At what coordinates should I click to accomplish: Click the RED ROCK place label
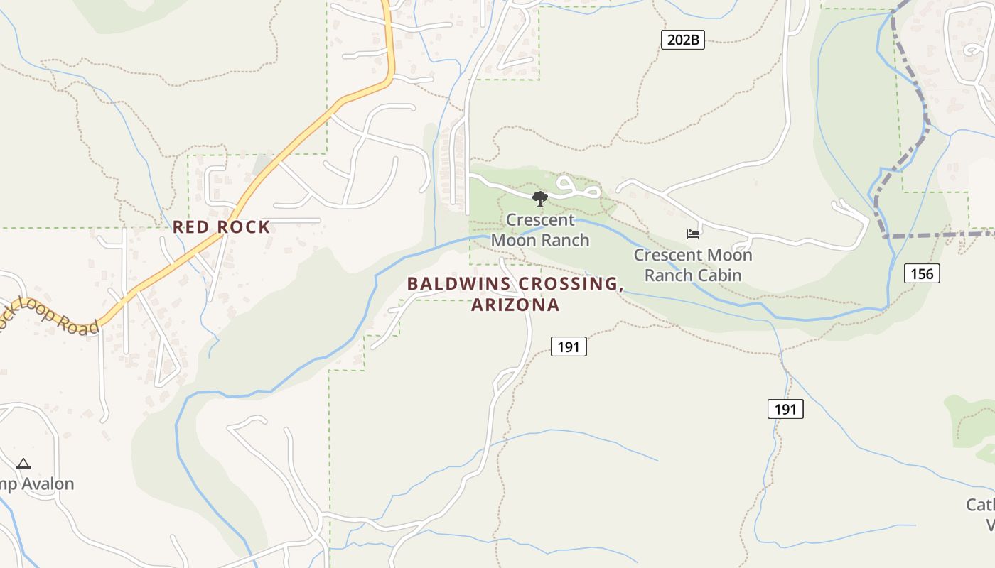(x=221, y=227)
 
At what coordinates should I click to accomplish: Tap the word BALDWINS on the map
(x=458, y=284)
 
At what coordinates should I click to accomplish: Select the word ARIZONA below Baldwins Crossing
(x=515, y=305)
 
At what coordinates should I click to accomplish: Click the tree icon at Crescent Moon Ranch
(x=540, y=199)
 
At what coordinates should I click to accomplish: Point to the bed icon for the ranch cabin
(x=693, y=234)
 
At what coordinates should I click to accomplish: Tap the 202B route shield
(x=683, y=40)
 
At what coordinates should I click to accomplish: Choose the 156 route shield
(x=922, y=273)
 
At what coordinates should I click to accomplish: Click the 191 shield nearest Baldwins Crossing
(x=569, y=346)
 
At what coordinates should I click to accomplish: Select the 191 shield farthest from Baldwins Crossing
(x=785, y=409)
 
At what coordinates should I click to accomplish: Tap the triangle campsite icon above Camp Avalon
(x=23, y=464)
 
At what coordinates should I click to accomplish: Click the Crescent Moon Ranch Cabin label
(x=693, y=265)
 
